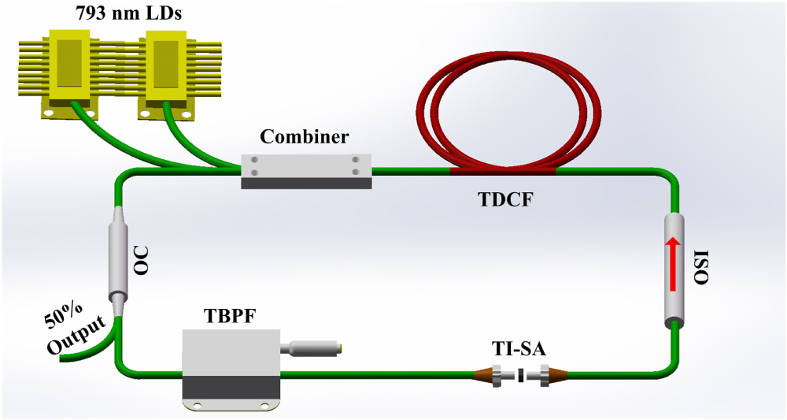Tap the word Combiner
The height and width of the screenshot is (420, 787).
pyautogui.click(x=305, y=137)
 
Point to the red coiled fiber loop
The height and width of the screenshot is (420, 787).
pyautogui.click(x=512, y=110)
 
